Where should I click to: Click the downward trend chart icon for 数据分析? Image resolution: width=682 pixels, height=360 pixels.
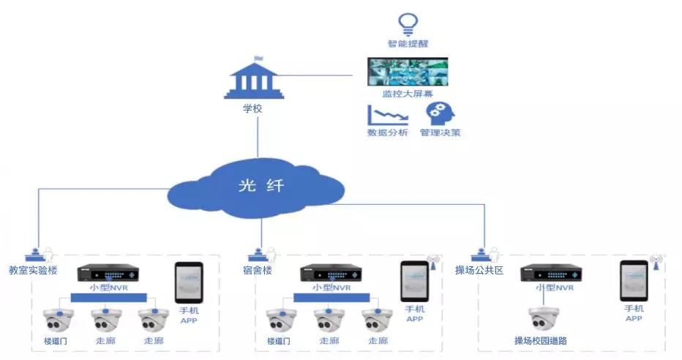[x=386, y=116]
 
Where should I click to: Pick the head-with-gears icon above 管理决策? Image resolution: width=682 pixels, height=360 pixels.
[x=440, y=114]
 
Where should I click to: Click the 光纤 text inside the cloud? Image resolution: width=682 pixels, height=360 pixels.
[x=261, y=186]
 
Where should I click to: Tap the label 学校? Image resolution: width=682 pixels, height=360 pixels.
[x=252, y=108]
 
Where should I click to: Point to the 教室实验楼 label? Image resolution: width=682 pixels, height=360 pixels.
[x=32, y=271]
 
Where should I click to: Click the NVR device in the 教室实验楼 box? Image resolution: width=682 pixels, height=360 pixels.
[x=108, y=273]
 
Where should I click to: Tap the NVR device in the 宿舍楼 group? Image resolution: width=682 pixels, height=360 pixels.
[x=332, y=273]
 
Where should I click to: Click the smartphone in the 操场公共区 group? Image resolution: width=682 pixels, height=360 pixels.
[x=634, y=280]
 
